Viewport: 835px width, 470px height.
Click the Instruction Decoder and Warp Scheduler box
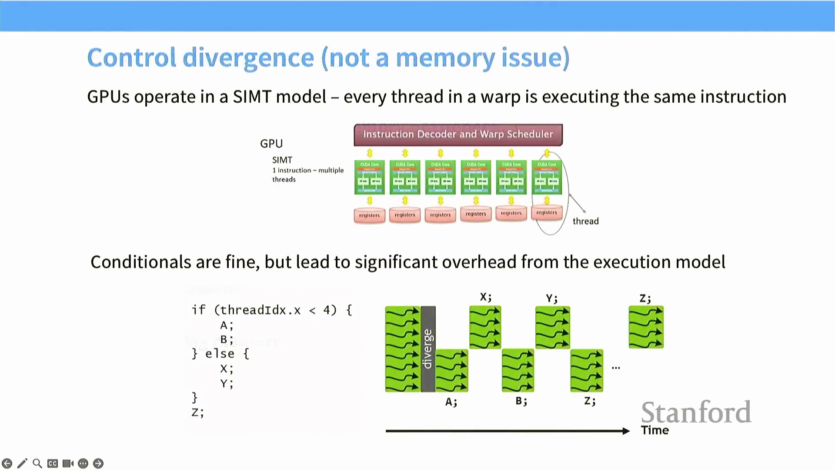point(458,134)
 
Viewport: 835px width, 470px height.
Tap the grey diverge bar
point(428,349)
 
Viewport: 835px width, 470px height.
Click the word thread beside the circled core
point(585,221)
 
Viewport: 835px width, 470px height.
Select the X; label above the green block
point(485,297)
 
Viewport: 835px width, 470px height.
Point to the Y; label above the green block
point(551,298)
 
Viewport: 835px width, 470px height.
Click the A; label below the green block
point(451,402)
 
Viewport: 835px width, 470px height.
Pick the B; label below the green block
point(521,401)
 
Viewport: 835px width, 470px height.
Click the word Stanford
point(696,412)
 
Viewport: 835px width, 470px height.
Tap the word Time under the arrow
point(655,430)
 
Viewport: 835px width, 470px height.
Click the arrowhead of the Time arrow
point(626,431)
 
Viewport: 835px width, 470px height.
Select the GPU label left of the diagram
point(271,144)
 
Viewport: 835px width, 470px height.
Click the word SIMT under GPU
point(282,160)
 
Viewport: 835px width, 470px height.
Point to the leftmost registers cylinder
point(369,215)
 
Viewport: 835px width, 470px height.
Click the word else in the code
point(220,354)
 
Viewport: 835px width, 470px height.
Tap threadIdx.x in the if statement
point(260,310)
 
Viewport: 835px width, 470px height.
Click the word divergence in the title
point(248,57)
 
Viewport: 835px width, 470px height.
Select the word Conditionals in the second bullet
point(141,262)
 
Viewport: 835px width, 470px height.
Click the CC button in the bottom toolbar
point(53,463)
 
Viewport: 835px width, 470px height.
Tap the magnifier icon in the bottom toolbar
point(37,463)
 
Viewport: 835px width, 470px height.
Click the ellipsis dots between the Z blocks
point(616,368)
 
